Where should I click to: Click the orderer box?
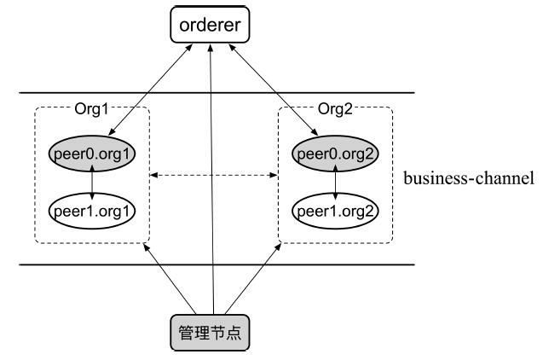pos(210,25)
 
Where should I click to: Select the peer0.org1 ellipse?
pos(92,154)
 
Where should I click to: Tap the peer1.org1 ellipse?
pos(92,211)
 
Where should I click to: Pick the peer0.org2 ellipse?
pos(335,154)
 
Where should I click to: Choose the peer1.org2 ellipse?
pos(335,211)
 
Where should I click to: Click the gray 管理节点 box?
pos(210,333)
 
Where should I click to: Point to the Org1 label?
pos(92,109)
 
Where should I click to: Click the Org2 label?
pos(335,109)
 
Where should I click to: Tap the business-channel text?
pos(469,178)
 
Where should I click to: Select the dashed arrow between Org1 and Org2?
pos(214,176)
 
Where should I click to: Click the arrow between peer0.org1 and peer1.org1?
pos(92,183)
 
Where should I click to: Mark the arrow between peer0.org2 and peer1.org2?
pos(335,183)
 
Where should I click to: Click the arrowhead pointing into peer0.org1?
pos(112,131)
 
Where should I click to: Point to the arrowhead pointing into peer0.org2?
pos(315,131)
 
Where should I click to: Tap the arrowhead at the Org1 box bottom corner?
pos(146,247)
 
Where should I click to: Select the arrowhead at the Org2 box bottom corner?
pos(278,247)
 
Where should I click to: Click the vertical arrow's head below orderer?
pos(210,48)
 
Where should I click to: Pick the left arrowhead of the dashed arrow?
pos(153,176)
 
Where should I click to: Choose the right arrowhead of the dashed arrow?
pos(274,176)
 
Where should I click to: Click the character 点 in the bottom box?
pos(234,333)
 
